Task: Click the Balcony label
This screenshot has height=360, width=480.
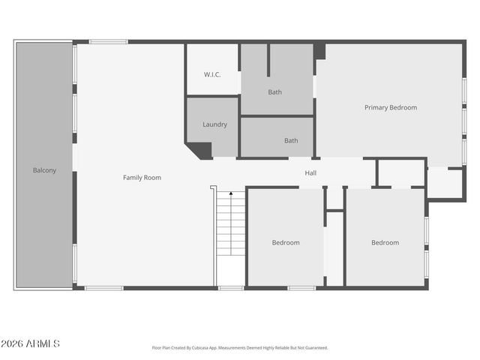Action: [44, 170]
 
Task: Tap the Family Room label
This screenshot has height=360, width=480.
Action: [142, 178]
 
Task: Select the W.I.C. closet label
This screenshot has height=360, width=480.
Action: [212, 74]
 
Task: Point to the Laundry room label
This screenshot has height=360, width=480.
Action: [214, 124]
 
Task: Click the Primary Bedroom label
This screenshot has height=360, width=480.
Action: [390, 107]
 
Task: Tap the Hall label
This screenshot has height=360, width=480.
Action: [310, 173]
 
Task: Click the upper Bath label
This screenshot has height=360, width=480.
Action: [275, 92]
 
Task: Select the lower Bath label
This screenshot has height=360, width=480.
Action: [291, 140]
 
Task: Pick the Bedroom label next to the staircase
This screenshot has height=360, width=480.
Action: [286, 242]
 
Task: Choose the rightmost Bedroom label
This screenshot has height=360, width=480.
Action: [385, 242]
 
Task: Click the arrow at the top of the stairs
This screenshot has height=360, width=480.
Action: [231, 194]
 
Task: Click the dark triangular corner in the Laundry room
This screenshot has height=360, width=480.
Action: [201, 149]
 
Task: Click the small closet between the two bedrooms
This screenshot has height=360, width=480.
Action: [334, 247]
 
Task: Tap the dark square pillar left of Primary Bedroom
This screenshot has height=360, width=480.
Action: [320, 51]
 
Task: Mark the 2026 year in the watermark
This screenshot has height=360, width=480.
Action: [13, 343]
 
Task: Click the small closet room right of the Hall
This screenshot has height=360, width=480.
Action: [400, 172]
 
